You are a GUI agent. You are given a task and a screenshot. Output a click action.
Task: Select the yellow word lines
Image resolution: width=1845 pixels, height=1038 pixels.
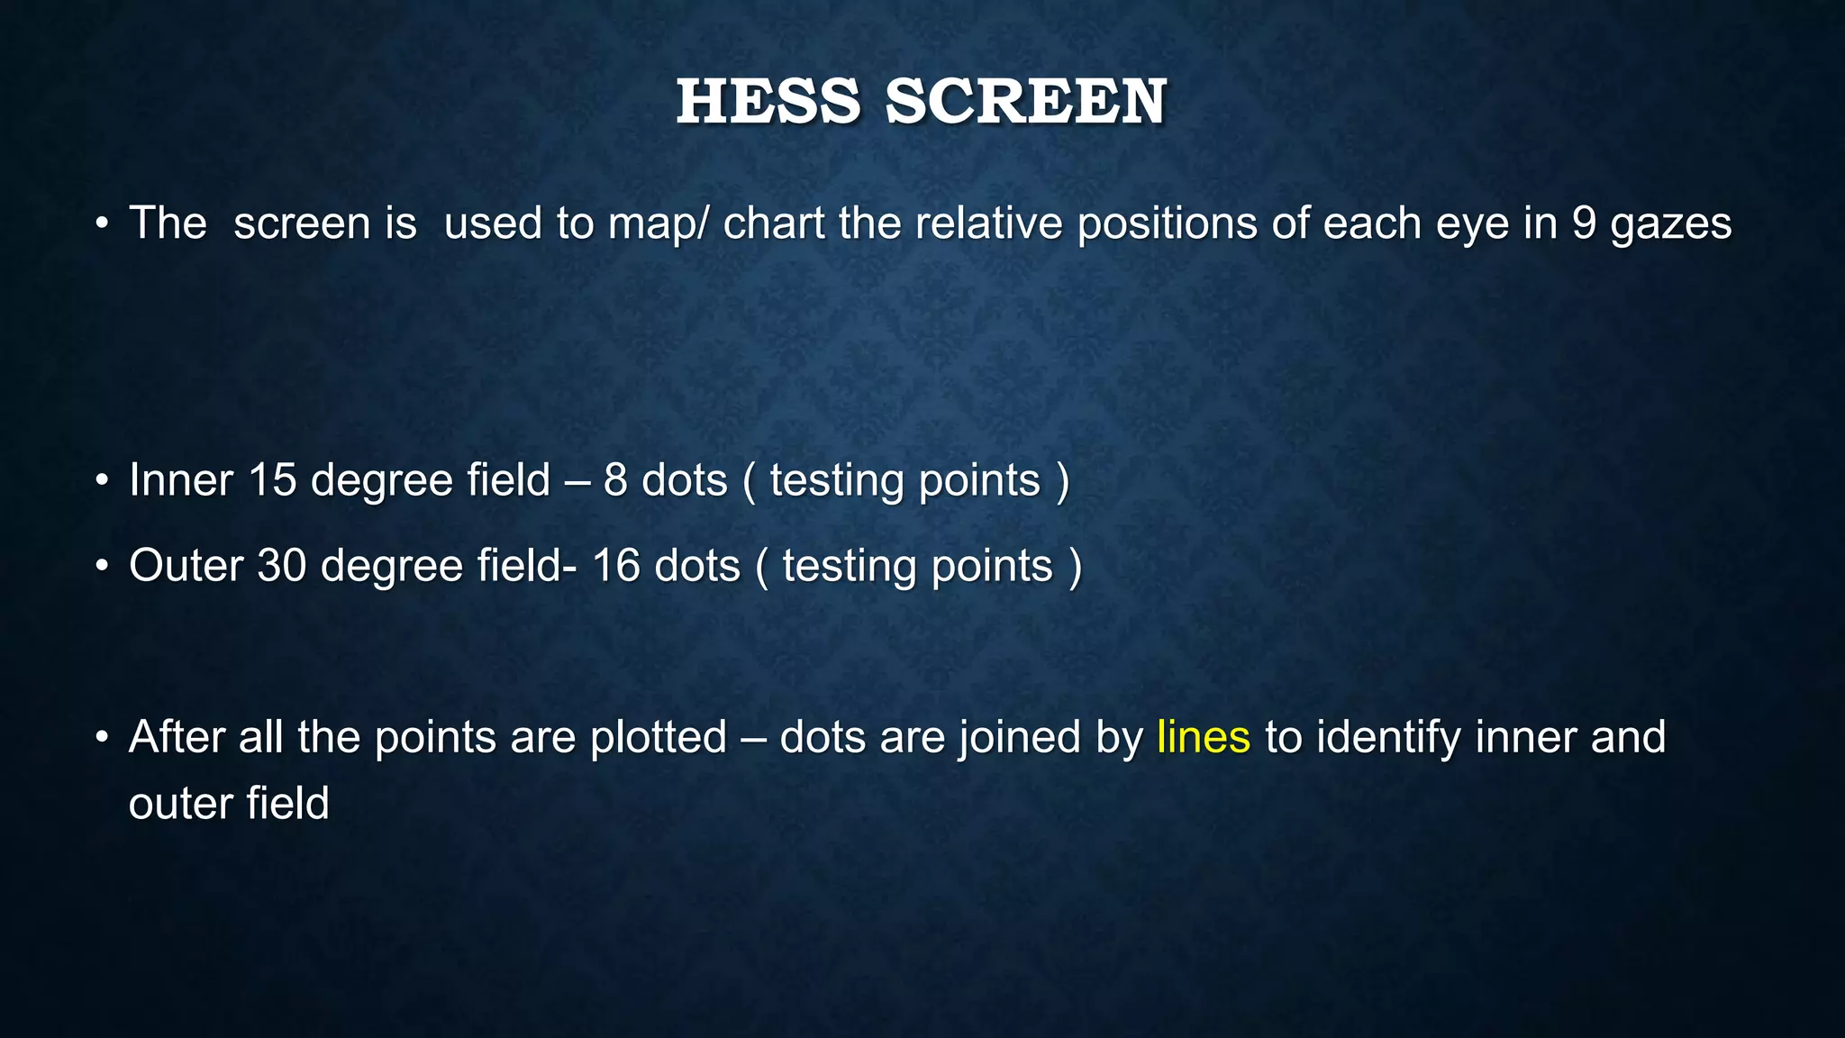(x=1204, y=737)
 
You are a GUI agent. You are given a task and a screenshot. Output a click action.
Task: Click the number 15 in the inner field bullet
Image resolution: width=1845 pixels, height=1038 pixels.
(x=272, y=479)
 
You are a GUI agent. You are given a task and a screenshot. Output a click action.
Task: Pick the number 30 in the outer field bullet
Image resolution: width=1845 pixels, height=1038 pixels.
(x=282, y=566)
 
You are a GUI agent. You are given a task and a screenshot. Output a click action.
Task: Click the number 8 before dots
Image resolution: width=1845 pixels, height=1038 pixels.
(x=615, y=479)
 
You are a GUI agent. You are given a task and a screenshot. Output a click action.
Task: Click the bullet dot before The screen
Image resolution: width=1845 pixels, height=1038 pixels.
(x=103, y=224)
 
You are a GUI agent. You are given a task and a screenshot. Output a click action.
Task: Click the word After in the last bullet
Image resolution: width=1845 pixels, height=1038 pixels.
(x=177, y=737)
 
